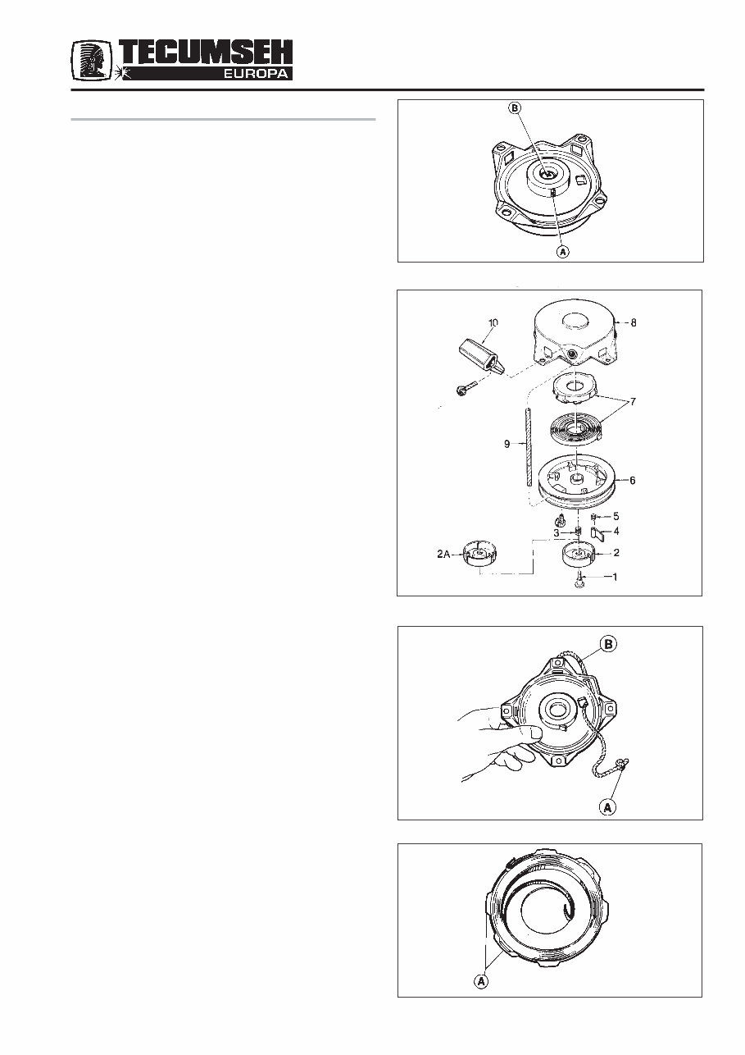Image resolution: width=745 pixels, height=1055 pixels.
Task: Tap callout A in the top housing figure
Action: click(563, 252)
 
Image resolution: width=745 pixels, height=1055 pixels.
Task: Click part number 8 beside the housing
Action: click(632, 322)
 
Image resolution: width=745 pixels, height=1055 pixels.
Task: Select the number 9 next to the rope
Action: click(507, 444)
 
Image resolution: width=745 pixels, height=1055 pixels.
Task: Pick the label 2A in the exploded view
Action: click(444, 555)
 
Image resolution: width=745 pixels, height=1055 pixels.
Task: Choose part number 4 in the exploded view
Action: click(617, 532)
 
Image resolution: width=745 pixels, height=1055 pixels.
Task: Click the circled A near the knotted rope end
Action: click(608, 807)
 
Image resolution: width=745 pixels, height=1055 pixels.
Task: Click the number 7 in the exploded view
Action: click(631, 403)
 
